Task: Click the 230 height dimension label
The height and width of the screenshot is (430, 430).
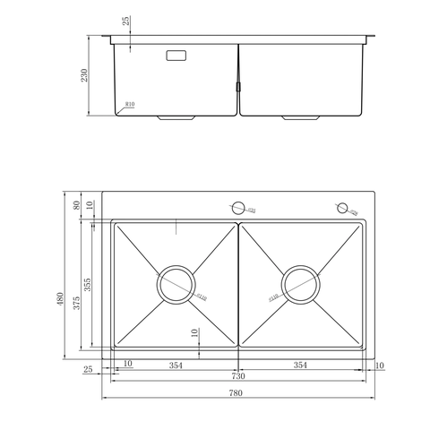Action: tap(85, 76)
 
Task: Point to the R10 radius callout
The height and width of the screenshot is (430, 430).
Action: tap(131, 104)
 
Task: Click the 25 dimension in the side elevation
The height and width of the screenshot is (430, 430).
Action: tap(126, 21)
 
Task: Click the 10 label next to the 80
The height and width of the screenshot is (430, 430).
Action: tap(90, 204)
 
